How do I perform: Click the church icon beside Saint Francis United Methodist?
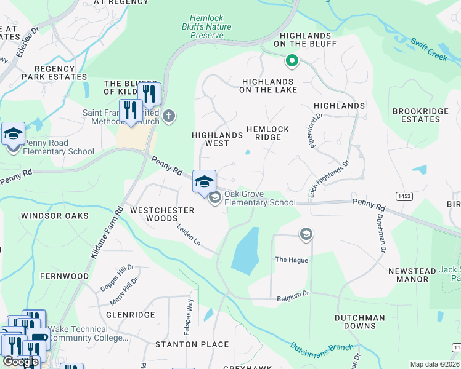pyautogui.click(x=169, y=115)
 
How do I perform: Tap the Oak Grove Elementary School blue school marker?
pyautogui.click(x=205, y=181)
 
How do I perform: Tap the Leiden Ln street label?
pyautogui.click(x=189, y=235)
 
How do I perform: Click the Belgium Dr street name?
pyautogui.click(x=293, y=296)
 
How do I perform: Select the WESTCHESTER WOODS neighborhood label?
pyautogui.click(x=163, y=216)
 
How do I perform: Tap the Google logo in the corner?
pyautogui.click(x=20, y=362)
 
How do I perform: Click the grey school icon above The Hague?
pyautogui.click(x=306, y=234)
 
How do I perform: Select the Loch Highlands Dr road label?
pyautogui.click(x=328, y=179)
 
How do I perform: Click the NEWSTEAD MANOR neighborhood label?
pyautogui.click(x=408, y=275)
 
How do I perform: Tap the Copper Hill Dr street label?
pyautogui.click(x=117, y=278)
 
